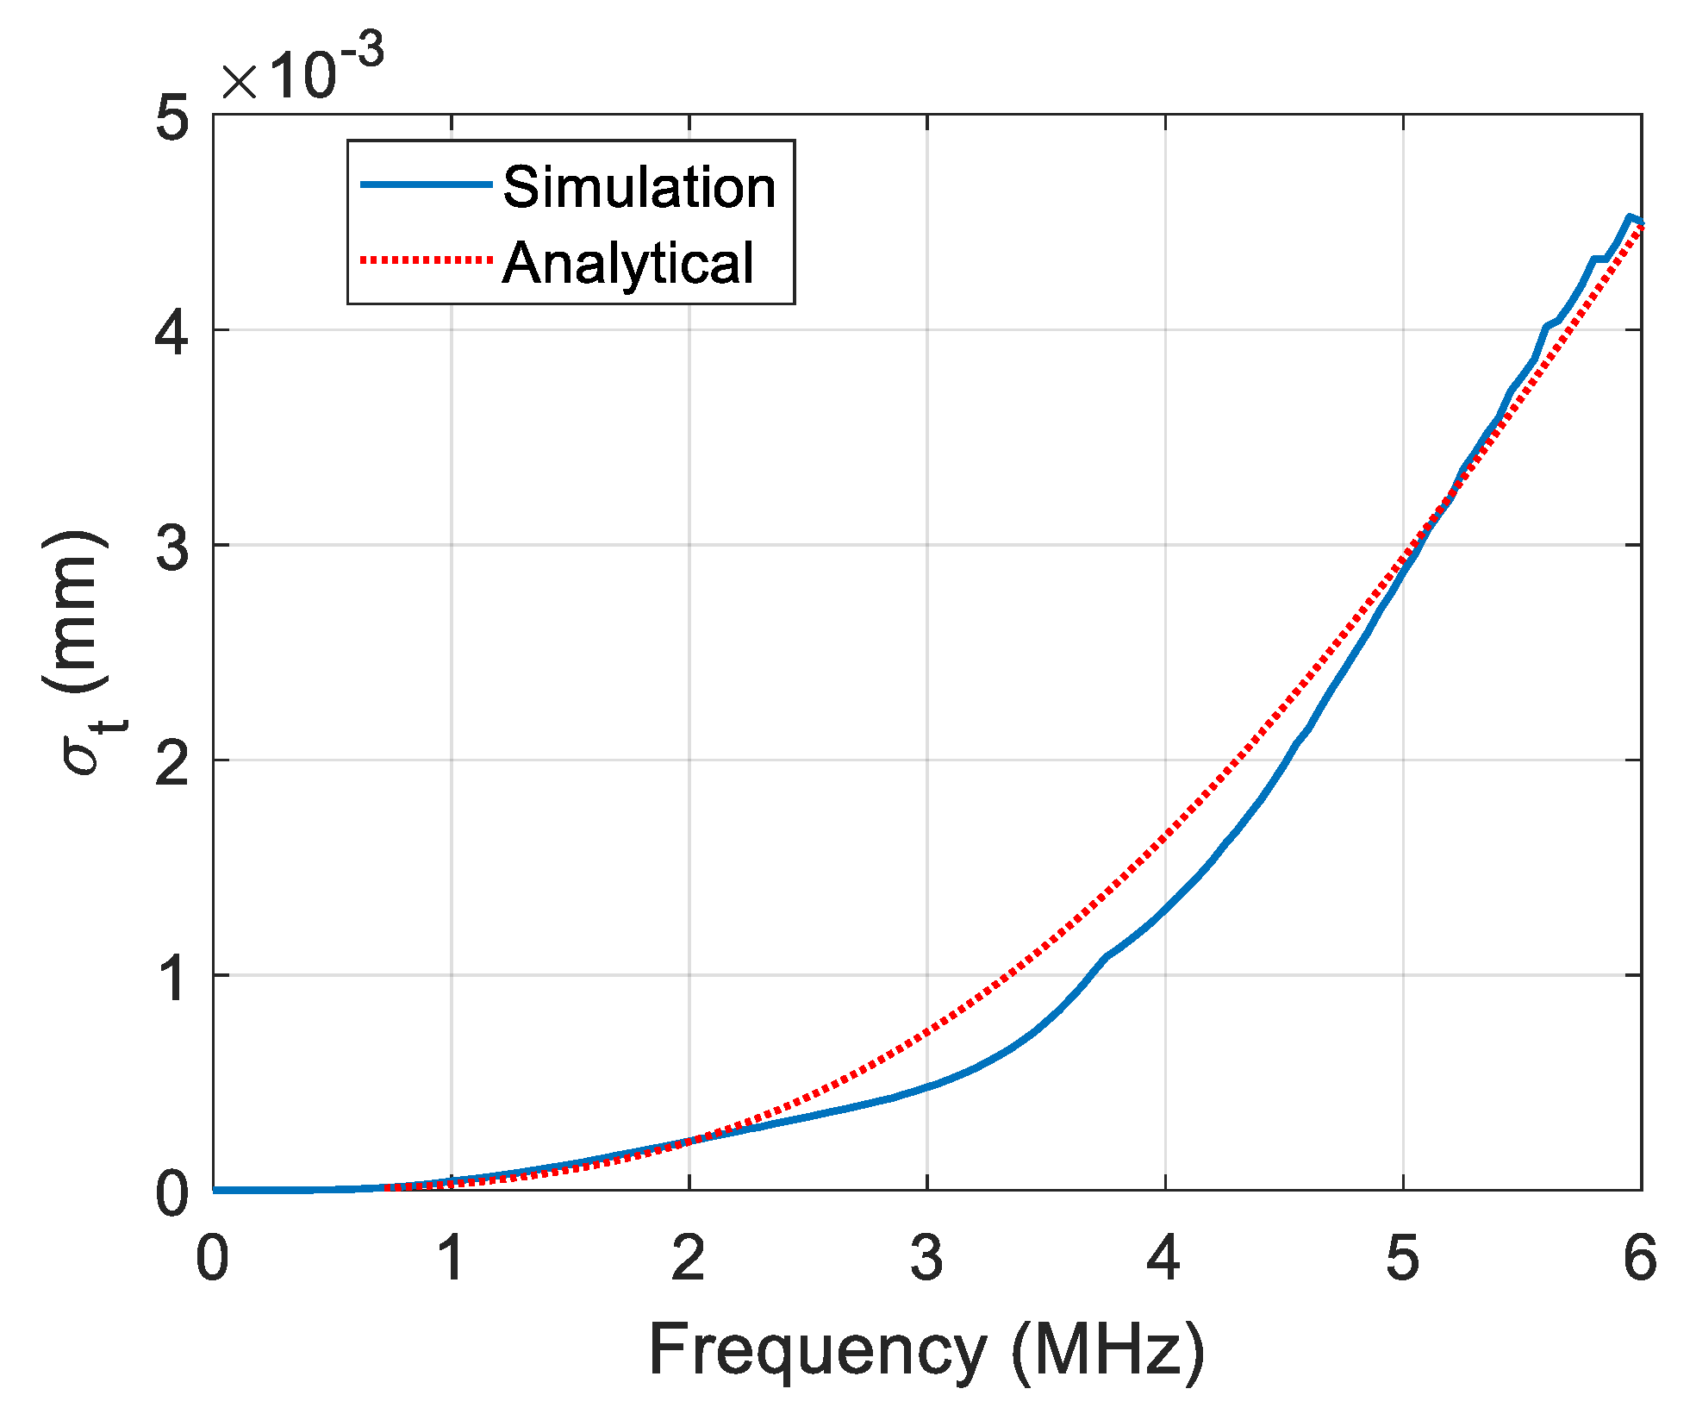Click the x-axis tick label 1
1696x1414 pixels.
tap(451, 1259)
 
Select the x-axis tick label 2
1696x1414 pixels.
tap(689, 1259)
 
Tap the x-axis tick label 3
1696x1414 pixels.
tap(926, 1259)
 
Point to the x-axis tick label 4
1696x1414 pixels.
tap(1163, 1259)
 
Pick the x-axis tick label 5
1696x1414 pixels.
tap(1402, 1259)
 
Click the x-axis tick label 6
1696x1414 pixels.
tap(1639, 1259)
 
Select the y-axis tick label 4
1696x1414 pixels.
tap(172, 333)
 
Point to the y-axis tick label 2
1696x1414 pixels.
tap(172, 762)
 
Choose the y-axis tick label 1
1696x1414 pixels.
tap(172, 978)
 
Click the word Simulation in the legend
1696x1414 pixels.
tap(639, 187)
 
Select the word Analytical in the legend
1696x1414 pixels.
tap(628, 263)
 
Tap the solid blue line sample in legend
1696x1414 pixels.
tap(426, 185)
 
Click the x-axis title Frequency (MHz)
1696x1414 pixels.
tap(926, 1351)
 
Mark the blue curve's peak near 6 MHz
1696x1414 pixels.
tap(1629, 217)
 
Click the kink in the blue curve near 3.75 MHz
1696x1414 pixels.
tap(1106, 956)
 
